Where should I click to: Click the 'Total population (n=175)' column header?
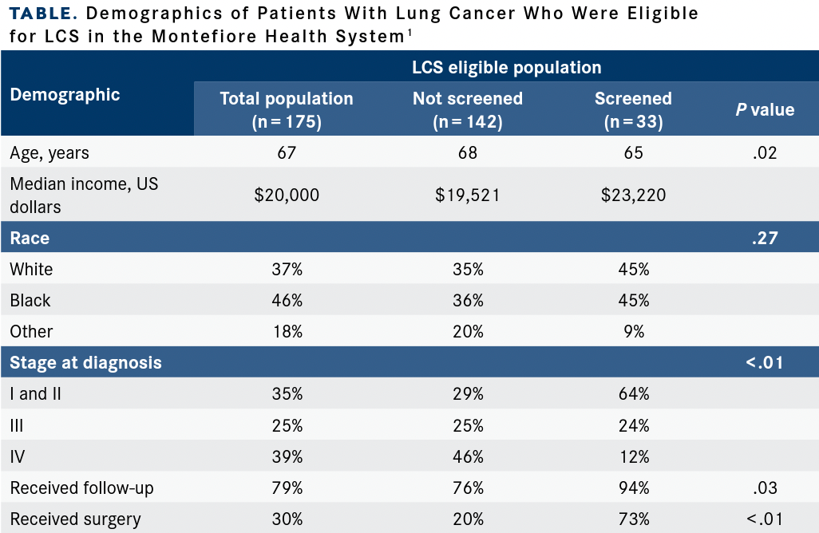click(x=287, y=110)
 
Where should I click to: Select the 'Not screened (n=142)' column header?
click(x=468, y=110)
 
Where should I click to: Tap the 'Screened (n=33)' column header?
click(x=633, y=110)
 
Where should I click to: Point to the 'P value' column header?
click(x=765, y=110)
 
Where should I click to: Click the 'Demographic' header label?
click(x=65, y=95)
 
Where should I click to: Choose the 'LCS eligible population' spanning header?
click(x=506, y=68)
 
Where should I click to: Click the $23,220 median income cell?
click(x=633, y=195)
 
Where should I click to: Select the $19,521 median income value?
click(x=468, y=195)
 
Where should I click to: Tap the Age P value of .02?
click(x=765, y=152)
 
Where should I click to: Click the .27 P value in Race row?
click(x=765, y=238)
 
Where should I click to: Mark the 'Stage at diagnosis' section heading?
click(x=85, y=363)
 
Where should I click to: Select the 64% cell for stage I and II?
click(x=633, y=394)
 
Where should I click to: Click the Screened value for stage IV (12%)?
click(x=633, y=456)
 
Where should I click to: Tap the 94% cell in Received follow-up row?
click(x=633, y=488)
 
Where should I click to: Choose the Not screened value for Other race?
click(x=468, y=331)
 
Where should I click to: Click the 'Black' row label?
click(x=30, y=301)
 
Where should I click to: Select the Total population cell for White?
click(x=287, y=270)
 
